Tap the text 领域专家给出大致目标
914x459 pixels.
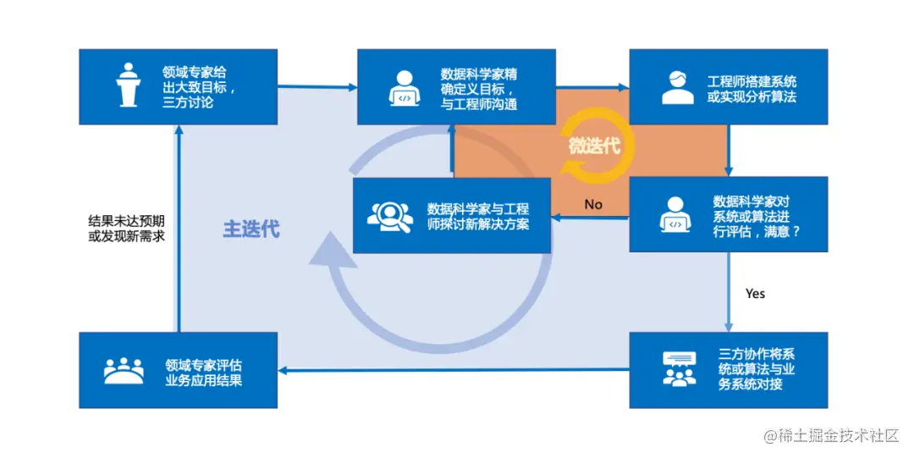(x=200, y=87)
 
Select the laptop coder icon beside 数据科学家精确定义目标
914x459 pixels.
(x=405, y=88)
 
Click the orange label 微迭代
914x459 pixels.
(x=594, y=146)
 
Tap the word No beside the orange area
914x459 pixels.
(x=593, y=204)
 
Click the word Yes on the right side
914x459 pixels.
(x=755, y=293)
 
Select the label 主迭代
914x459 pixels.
(x=251, y=229)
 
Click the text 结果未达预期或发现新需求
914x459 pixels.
(x=127, y=228)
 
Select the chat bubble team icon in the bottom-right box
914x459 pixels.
(x=679, y=369)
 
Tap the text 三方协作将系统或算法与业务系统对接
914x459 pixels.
(x=757, y=369)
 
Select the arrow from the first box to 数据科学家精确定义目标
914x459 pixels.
(x=317, y=86)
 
